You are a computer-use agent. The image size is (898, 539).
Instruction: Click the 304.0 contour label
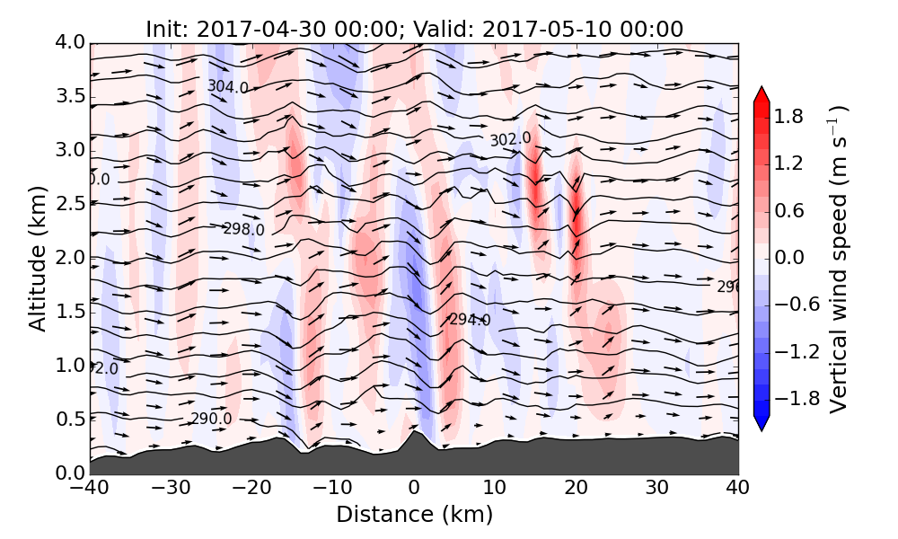[x=227, y=86]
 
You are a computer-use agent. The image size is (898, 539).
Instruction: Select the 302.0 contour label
[x=510, y=139]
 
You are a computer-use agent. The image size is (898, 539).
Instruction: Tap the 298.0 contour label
[x=243, y=229]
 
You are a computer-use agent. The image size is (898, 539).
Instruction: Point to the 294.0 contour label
[x=470, y=320]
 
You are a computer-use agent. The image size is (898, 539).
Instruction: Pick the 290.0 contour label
[x=211, y=419]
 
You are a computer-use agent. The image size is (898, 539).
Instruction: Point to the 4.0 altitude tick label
[x=69, y=43]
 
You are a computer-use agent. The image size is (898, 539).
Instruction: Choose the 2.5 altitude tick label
[x=69, y=205]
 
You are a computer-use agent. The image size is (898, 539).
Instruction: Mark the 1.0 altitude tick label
[x=69, y=366]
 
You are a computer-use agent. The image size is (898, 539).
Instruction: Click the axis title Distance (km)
[x=414, y=515]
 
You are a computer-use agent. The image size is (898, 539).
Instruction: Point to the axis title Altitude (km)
[x=37, y=259]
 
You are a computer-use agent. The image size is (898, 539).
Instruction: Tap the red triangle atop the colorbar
[x=762, y=95]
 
